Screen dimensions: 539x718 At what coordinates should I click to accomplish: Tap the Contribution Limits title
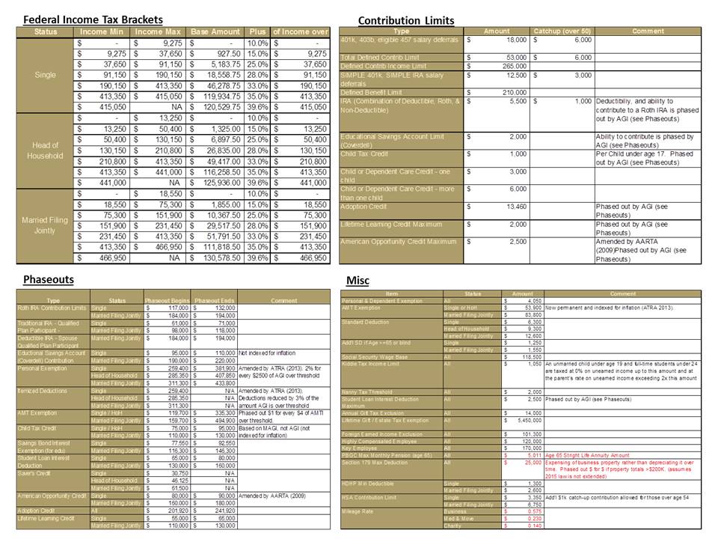(406, 19)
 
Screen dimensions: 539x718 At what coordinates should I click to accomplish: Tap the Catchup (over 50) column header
(562, 31)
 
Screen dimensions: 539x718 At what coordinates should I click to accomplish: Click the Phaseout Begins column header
(168, 300)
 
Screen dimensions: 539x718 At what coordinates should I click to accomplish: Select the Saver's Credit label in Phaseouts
(35, 474)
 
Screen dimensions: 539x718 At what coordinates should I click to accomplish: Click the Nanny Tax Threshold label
(366, 392)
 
